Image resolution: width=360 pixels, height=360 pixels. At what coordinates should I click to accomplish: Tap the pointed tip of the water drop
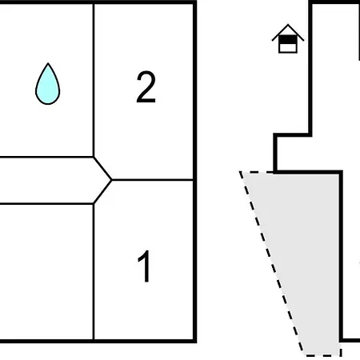48,63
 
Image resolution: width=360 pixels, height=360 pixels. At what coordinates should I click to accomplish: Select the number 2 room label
146,87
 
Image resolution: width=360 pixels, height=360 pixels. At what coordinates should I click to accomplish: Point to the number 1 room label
144,266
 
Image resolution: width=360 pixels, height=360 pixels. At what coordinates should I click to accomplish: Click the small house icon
288,38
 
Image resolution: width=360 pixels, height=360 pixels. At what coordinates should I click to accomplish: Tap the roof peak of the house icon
288,25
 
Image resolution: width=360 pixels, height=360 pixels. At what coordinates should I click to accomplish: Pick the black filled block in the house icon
288,40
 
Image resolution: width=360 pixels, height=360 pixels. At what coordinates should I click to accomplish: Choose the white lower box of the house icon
288,48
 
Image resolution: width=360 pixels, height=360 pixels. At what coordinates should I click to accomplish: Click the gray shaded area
302,240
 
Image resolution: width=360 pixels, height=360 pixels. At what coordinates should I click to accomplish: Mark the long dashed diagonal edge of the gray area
271,263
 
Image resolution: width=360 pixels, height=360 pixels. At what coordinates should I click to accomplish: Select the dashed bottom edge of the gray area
322,355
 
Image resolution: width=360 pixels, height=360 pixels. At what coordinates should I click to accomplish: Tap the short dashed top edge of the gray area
257,172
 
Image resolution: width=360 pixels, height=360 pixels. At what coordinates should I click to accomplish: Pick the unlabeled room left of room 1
46,271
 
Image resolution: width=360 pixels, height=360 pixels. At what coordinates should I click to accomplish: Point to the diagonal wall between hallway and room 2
102,169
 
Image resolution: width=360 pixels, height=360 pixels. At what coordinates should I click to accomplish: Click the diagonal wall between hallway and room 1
102,192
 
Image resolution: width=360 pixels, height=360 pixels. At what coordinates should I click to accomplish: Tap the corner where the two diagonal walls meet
111,180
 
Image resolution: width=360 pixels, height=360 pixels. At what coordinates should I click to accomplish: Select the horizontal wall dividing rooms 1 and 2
153,180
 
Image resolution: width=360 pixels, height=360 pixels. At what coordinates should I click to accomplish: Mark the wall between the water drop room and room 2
94,80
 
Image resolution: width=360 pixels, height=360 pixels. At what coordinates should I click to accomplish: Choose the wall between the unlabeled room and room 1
94,271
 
